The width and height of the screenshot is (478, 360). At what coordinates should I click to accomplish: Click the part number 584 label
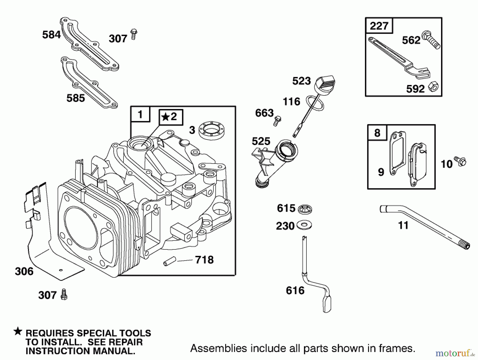click(x=51, y=35)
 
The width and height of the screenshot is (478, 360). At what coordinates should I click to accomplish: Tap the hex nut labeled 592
click(x=433, y=87)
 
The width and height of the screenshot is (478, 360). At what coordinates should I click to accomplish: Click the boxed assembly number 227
click(x=379, y=26)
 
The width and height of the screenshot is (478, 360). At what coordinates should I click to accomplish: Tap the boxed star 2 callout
click(x=171, y=117)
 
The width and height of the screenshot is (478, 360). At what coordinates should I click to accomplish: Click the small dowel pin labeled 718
click(x=169, y=260)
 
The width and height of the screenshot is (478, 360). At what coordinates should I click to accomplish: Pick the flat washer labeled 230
click(x=304, y=225)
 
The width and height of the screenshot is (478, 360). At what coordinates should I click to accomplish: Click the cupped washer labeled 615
click(x=305, y=209)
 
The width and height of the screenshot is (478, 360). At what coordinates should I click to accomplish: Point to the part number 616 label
click(x=295, y=290)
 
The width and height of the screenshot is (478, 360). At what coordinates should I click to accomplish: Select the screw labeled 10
click(x=460, y=161)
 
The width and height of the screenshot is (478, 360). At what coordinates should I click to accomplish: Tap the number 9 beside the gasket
click(x=381, y=172)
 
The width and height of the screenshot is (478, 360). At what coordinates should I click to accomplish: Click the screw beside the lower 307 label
click(x=64, y=294)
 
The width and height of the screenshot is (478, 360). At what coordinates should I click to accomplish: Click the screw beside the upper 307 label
click(x=134, y=35)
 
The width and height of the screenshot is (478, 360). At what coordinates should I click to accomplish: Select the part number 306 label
click(x=24, y=271)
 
